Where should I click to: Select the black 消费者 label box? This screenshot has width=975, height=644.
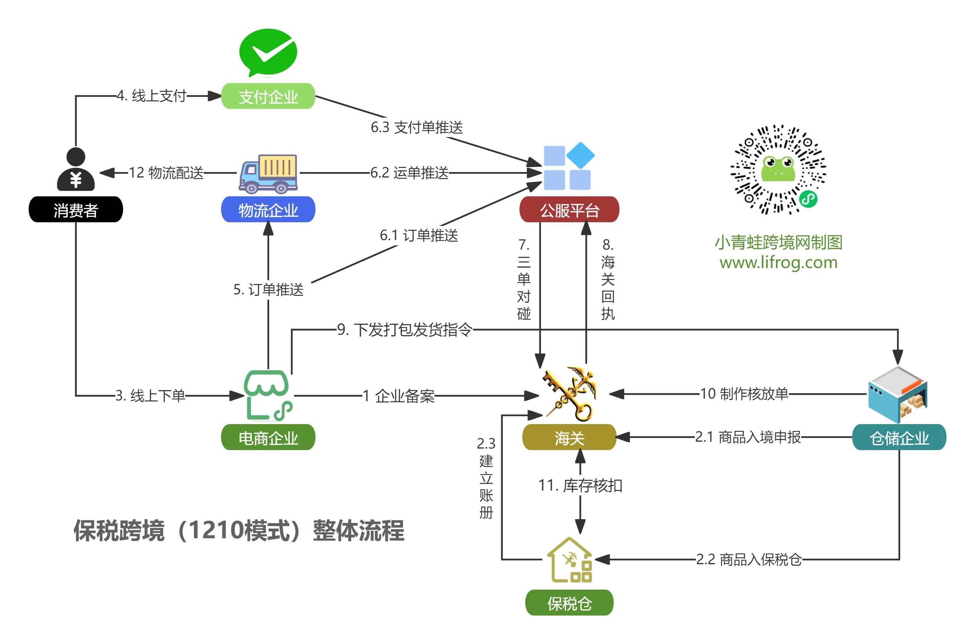(76, 210)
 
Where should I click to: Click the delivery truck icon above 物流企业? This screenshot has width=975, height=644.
(269, 174)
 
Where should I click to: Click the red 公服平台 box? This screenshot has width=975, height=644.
(569, 210)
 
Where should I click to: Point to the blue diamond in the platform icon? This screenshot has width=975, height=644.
(580, 155)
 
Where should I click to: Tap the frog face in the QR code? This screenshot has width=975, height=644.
(778, 168)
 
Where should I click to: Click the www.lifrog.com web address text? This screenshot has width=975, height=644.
(778, 262)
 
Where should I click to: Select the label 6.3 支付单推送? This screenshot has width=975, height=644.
(416, 128)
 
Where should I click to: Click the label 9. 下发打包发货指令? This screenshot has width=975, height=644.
(405, 329)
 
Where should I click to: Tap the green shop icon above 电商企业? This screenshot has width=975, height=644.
(268, 395)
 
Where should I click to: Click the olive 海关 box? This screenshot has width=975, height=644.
(569, 437)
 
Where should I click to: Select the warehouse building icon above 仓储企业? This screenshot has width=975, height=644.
(897, 394)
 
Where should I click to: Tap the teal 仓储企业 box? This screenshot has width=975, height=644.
(899, 437)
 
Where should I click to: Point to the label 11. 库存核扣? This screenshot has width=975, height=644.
(580, 486)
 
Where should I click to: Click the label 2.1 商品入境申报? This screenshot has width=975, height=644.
(747, 437)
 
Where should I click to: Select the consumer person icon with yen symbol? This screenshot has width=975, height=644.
(76, 169)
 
